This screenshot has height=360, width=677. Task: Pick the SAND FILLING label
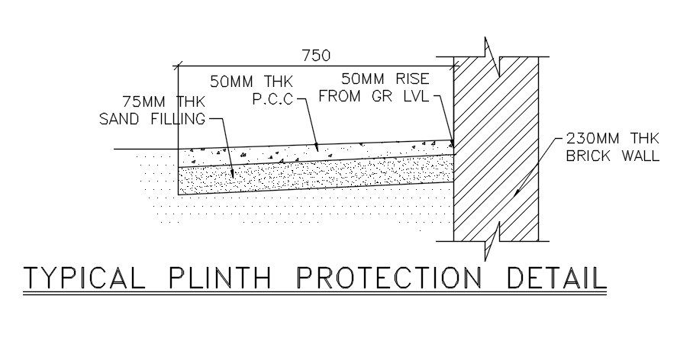coord(153,119)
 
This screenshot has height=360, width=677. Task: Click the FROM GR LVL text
coord(374,97)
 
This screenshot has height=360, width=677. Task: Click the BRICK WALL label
coord(608,156)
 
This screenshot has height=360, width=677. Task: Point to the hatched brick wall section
coord(496,145)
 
